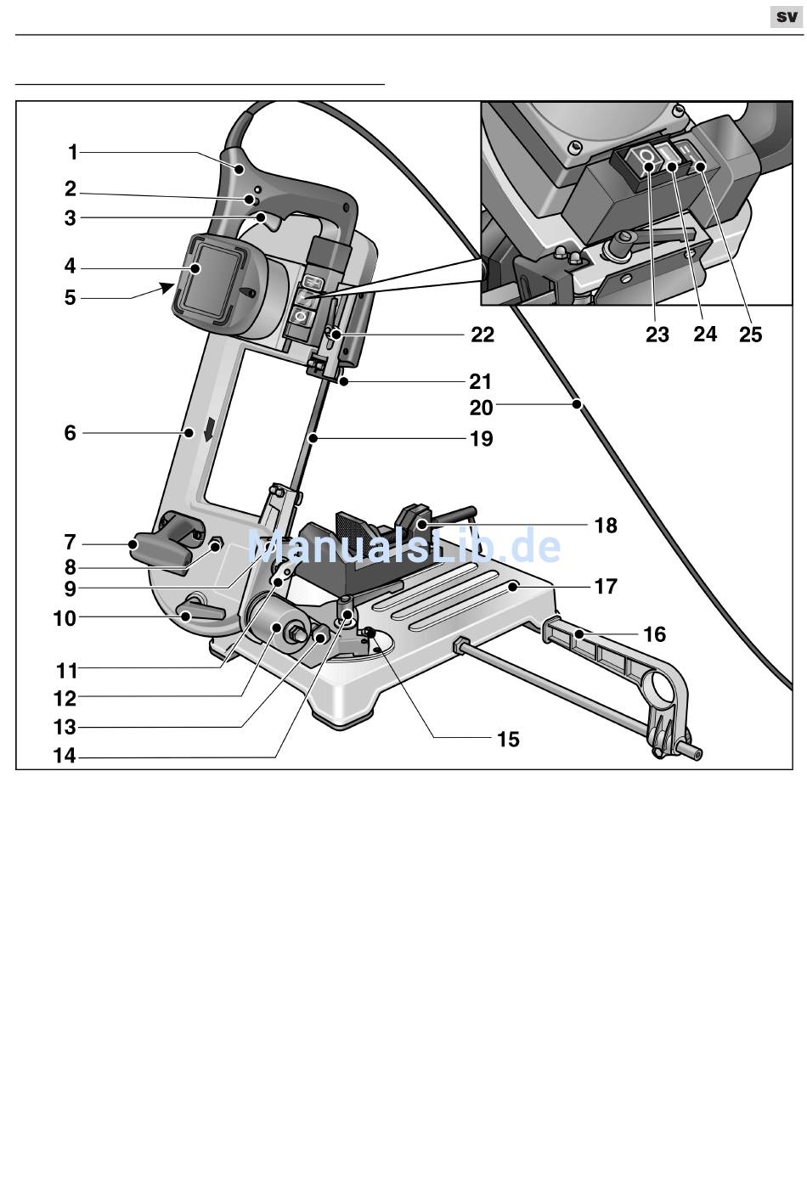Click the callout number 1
pyautogui.click(x=73, y=153)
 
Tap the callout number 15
pyautogui.click(x=508, y=740)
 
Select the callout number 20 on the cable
pyautogui.click(x=481, y=408)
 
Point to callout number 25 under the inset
pyautogui.click(x=751, y=334)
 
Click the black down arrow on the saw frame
pyautogui.click(x=211, y=429)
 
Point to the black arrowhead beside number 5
pyautogui.click(x=168, y=288)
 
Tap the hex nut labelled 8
pyautogui.click(x=215, y=544)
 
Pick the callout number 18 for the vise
pyautogui.click(x=606, y=525)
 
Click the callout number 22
pyautogui.click(x=483, y=335)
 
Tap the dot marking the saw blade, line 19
pyautogui.click(x=313, y=438)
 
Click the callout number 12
pyautogui.click(x=65, y=699)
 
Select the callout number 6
pyautogui.click(x=71, y=433)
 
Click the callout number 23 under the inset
pyautogui.click(x=657, y=334)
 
